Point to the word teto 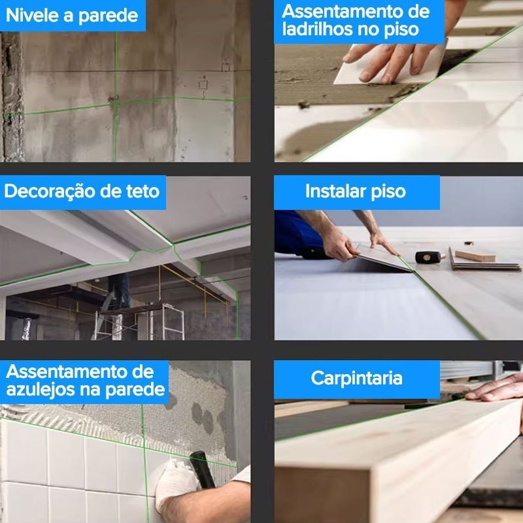coord(143,192)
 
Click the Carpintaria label coord(356,379)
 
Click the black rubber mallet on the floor coord(430,257)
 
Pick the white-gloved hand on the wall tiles coord(177,480)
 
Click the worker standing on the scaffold coord(120,290)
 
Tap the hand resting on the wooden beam coord(496,388)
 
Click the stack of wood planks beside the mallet coord(484,260)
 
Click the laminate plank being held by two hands coord(384,257)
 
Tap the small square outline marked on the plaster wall coord(203,84)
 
